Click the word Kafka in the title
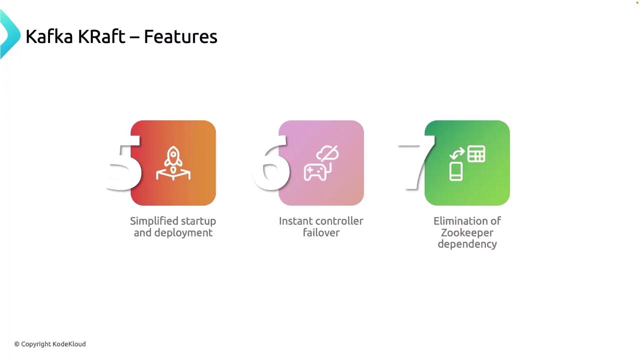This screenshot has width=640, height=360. click(49, 36)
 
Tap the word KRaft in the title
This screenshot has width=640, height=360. click(101, 36)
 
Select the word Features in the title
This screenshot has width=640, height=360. click(180, 37)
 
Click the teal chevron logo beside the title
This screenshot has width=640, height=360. click(10, 34)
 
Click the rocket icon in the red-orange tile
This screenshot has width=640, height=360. click(173, 163)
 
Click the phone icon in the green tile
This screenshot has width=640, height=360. click(455, 171)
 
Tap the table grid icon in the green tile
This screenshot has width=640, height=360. click(476, 153)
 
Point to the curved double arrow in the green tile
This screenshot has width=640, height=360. click(457, 153)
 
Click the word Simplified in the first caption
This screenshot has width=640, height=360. click(153, 221)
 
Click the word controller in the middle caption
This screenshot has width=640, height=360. click(339, 221)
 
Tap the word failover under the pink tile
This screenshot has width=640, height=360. click(321, 232)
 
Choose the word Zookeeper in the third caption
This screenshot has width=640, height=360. click(467, 233)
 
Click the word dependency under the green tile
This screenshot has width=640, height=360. click(467, 244)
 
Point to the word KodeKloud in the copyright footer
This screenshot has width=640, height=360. click(69, 344)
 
